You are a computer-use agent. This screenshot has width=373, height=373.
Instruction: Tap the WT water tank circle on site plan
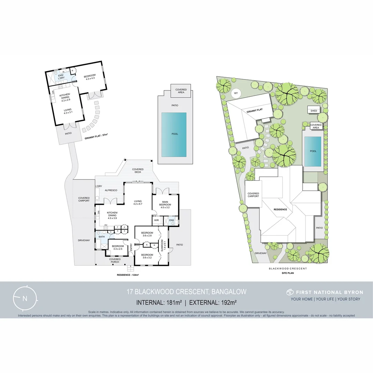click(236, 93)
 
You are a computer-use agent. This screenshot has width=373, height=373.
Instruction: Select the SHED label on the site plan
click(314, 111)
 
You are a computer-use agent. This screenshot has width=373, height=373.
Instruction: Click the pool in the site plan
click(313, 151)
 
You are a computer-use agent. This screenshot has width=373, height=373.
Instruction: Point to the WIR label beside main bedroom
click(156, 220)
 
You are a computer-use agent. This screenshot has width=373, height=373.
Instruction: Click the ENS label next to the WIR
click(171, 220)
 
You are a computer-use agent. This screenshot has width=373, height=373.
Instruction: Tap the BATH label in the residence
click(102, 237)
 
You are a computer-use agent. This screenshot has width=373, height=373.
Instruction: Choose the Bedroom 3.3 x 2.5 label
click(118, 247)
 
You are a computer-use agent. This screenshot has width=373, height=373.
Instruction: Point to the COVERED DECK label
click(138, 171)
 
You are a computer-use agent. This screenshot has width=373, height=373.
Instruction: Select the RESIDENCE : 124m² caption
click(128, 275)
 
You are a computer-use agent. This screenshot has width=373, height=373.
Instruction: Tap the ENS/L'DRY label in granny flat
click(61, 76)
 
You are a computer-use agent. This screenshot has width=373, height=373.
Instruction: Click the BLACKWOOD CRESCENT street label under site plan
click(288, 268)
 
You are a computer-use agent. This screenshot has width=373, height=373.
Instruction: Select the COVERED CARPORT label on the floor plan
click(84, 199)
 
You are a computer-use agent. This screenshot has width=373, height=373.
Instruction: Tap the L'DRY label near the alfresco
click(98, 186)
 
